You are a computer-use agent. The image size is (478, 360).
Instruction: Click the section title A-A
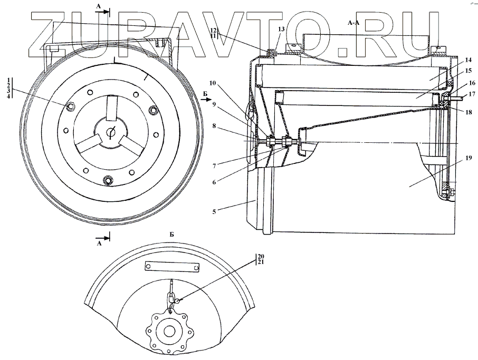pos(354,23)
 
